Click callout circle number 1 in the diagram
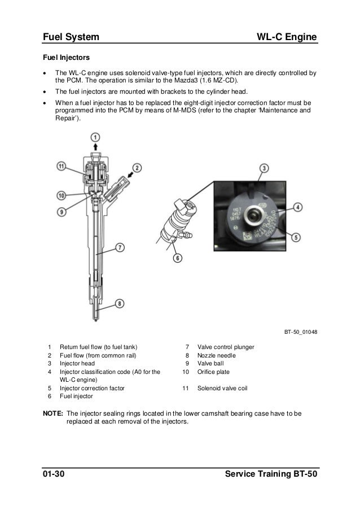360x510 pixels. pyautogui.click(x=96, y=137)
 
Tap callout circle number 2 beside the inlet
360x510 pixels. pyautogui.click(x=136, y=167)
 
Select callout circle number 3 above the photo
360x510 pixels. pyautogui.click(x=264, y=168)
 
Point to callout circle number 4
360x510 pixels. pyautogui.click(x=297, y=207)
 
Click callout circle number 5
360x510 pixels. pyautogui.click(x=297, y=238)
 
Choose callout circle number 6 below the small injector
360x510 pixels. pyautogui.click(x=178, y=259)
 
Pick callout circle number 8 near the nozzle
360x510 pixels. pyautogui.click(x=120, y=303)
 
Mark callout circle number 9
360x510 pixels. pyautogui.click(x=62, y=213)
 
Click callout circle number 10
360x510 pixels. pyautogui.click(x=62, y=195)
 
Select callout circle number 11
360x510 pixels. pyautogui.click(x=62, y=167)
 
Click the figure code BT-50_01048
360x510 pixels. pyautogui.click(x=300, y=332)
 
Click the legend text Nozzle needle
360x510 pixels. pyautogui.click(x=217, y=355)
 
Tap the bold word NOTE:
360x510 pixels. pyautogui.click(x=54, y=413)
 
